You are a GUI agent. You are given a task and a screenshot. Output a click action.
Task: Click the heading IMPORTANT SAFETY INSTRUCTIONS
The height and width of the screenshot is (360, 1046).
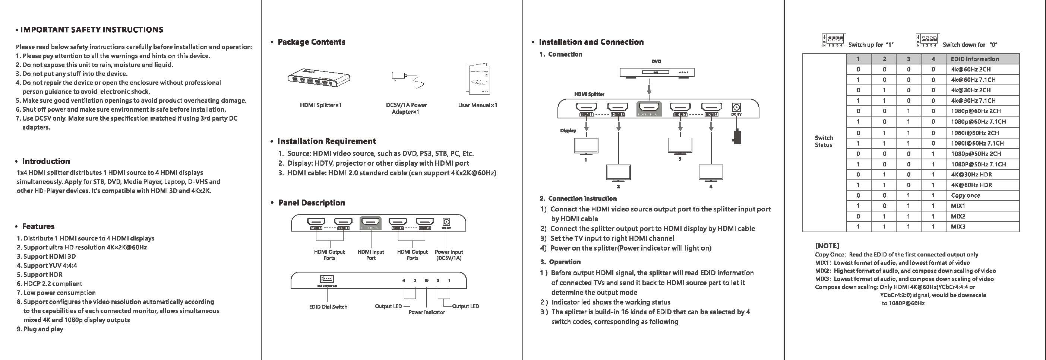point(92,30)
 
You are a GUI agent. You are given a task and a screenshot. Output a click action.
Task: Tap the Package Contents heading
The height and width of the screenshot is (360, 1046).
point(311,42)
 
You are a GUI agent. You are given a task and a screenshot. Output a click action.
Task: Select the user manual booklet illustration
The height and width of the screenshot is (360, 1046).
point(477,79)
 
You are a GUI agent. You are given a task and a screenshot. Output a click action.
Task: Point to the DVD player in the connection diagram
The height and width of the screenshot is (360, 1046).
point(657,73)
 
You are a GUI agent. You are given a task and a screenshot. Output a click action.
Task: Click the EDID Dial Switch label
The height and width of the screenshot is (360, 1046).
point(328,307)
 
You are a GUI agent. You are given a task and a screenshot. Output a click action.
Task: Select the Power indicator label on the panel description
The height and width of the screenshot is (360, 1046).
point(426,312)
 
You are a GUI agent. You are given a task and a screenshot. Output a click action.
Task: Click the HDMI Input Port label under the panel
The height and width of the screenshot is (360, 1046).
point(371,255)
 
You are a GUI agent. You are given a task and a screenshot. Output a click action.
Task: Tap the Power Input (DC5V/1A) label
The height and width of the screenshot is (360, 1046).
point(449,255)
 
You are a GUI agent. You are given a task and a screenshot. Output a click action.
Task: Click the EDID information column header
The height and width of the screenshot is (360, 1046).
point(974,59)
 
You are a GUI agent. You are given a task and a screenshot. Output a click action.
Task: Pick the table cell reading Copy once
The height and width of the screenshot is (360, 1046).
point(965,195)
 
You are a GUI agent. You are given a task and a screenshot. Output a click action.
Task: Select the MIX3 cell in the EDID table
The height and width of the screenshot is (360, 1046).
point(958,227)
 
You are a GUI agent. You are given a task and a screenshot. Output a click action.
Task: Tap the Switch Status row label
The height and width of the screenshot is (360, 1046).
point(824,141)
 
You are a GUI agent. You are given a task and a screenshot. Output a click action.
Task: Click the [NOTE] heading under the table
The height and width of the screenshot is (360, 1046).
point(827,246)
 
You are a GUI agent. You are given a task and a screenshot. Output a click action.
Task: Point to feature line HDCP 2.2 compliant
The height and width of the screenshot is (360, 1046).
point(53,284)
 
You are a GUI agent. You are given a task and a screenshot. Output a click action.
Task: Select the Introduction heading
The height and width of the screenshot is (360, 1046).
point(46,161)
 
